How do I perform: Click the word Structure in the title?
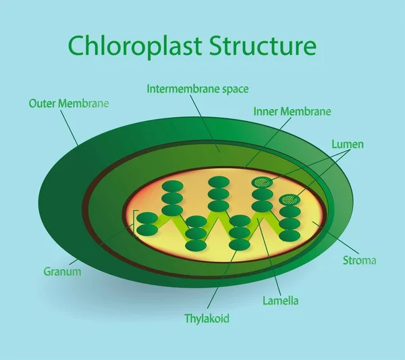(x=263, y=46)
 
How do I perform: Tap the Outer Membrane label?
(x=69, y=103)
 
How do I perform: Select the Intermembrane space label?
(x=188, y=88)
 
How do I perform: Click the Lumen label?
(x=348, y=144)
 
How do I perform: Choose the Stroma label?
(x=360, y=260)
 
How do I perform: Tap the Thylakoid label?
(x=207, y=317)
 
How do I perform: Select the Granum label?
(x=63, y=272)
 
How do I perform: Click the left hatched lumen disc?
(x=262, y=182)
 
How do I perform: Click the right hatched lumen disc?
(x=290, y=199)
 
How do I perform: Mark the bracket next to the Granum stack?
(x=136, y=223)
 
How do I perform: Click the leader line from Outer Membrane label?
(x=70, y=128)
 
